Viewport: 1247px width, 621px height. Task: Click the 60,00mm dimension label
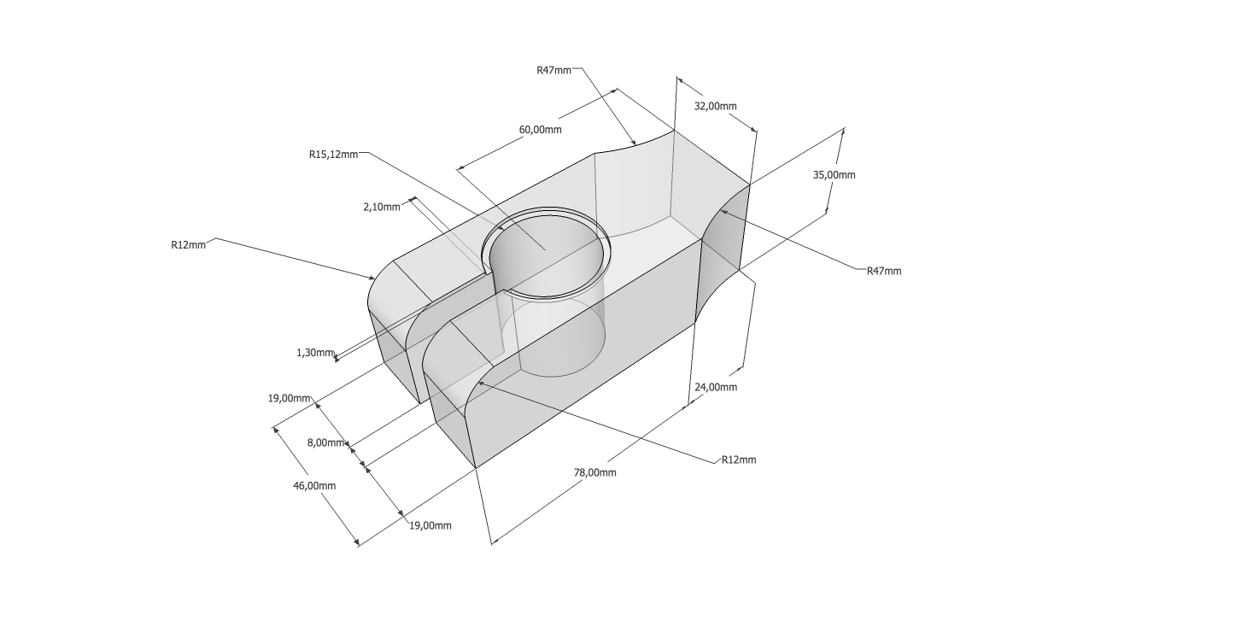[x=540, y=130]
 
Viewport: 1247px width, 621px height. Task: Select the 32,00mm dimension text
[x=716, y=106]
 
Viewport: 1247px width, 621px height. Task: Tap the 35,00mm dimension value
[x=834, y=175]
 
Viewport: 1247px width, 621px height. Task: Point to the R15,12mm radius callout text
[x=333, y=155]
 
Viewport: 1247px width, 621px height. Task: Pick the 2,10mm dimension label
[x=381, y=208]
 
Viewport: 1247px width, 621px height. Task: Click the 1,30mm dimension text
[x=315, y=353]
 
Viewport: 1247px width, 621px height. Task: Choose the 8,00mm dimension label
[x=325, y=442]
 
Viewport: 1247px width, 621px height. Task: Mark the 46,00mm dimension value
[x=314, y=486]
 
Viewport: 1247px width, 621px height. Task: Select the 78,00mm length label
[x=595, y=472]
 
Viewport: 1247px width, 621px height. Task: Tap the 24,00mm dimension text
[x=716, y=387]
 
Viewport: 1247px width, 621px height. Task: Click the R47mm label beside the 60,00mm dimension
[x=554, y=70]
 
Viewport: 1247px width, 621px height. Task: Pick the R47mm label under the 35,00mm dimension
[x=884, y=272]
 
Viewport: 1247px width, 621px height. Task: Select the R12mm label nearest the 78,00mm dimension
[x=739, y=460]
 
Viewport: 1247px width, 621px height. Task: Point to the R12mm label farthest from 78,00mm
[x=188, y=244]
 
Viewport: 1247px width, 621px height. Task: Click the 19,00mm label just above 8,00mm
[x=289, y=398]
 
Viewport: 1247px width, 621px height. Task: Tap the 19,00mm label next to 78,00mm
[x=430, y=525]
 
